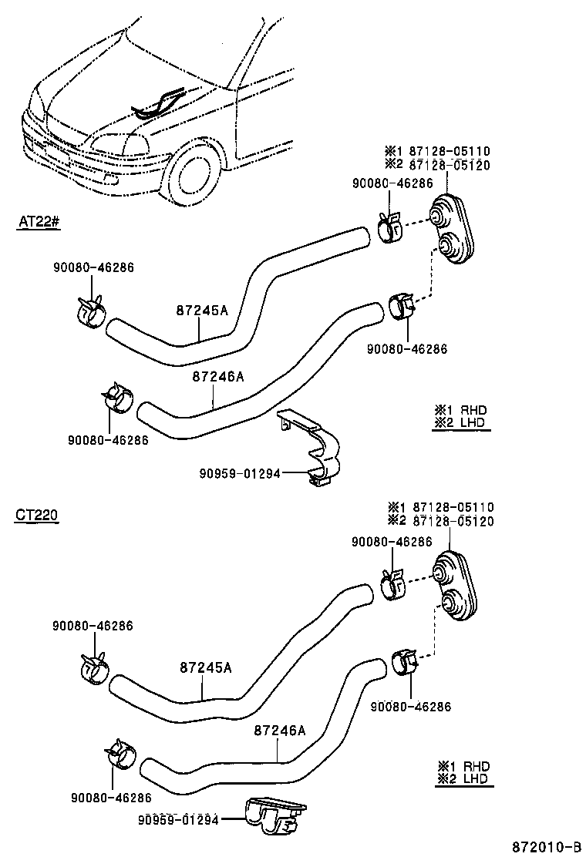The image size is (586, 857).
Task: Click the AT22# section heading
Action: click(x=39, y=221)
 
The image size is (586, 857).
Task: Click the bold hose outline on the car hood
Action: click(x=160, y=103)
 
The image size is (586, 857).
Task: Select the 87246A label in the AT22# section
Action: click(x=217, y=377)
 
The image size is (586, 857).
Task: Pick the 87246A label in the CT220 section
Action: click(x=280, y=730)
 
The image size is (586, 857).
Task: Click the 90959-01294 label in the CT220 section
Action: click(x=179, y=818)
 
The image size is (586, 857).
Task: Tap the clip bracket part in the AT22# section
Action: click(x=316, y=451)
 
